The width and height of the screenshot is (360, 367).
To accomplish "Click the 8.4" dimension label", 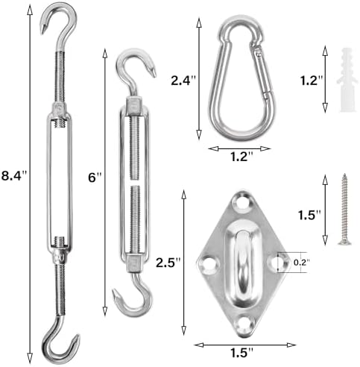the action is pos(13,175).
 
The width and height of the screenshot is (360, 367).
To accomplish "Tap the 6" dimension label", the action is pos(95,178).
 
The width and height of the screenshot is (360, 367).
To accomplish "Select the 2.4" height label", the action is pos(183,81).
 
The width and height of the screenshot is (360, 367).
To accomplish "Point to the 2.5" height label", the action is pos(168,263).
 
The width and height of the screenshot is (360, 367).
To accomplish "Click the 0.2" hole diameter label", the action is pos(302,262).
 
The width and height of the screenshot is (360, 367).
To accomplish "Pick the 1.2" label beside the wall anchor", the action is pos(312,81).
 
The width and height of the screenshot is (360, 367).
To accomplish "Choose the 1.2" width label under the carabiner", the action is pos(241,157).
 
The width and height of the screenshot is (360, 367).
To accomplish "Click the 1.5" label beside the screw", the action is pos(309,215).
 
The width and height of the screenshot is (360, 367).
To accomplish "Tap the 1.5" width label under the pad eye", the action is pos(241,353).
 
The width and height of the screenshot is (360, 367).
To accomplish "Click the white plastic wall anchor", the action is pos(347,80).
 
